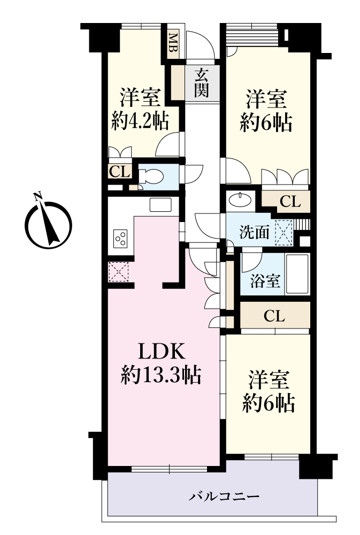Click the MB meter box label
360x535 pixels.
(173, 42)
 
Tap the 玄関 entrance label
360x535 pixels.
(202, 83)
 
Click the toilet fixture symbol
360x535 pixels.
(151, 177)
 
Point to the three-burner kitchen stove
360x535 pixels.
(120, 239)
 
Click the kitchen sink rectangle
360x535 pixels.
(160, 204)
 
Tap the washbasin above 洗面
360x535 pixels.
(241, 200)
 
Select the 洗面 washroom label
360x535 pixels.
(255, 233)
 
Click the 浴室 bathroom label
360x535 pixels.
(265, 281)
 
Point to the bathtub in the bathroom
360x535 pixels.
(297, 274)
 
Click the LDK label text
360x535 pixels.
(162, 351)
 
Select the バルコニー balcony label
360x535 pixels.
(224, 496)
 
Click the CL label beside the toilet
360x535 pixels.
(119, 171)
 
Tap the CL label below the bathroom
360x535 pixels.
(274, 316)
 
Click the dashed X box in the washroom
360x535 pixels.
(284, 233)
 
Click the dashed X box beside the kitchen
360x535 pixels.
(118, 272)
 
